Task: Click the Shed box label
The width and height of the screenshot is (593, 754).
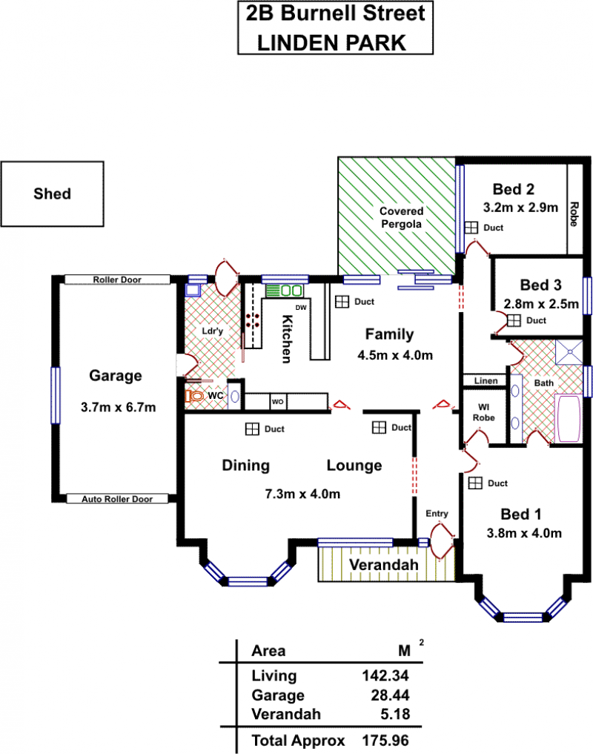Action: [53, 194]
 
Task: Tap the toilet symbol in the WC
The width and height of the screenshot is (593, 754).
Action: [194, 396]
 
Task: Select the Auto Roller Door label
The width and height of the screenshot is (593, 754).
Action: [117, 499]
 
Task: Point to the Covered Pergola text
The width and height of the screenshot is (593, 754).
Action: [401, 217]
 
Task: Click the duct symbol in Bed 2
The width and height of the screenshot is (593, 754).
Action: [471, 228]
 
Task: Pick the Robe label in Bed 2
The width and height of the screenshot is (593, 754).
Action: [573, 214]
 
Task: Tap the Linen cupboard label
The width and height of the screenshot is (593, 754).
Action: [486, 381]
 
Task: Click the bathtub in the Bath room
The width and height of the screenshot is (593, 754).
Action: [568, 418]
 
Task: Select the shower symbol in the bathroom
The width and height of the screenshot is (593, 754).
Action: [569, 352]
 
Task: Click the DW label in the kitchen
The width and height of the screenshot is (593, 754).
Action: [301, 308]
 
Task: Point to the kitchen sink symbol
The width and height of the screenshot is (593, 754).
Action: [285, 291]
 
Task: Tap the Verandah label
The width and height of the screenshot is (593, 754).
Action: [384, 564]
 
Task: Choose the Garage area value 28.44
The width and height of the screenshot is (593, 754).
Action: [390, 695]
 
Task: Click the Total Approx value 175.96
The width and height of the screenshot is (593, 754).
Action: [385, 741]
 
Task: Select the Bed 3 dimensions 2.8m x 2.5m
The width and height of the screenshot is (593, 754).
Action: [541, 304]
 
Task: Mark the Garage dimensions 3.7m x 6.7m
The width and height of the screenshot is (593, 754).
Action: [119, 407]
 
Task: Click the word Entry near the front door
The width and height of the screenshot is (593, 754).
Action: [437, 514]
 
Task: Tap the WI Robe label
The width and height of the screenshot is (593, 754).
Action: [484, 412]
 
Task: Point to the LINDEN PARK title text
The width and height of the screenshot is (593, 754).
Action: [332, 43]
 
